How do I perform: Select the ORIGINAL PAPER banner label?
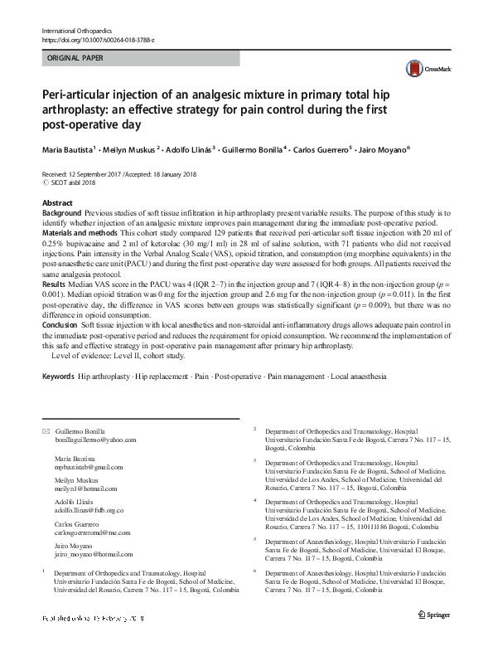[76, 59]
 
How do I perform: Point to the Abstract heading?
[56, 203]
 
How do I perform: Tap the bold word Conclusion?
[60, 325]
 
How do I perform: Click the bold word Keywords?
[58, 377]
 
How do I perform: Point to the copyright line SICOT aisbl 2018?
[71, 183]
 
